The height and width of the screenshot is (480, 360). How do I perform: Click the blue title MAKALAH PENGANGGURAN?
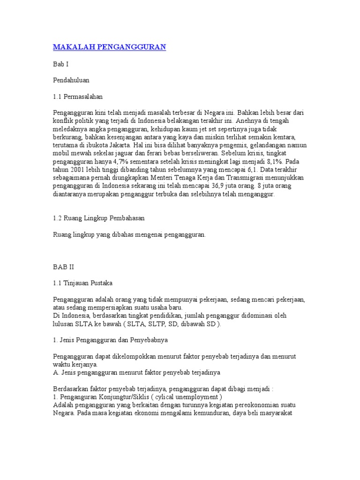(x=110, y=47)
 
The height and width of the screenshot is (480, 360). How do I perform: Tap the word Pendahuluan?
(x=71, y=80)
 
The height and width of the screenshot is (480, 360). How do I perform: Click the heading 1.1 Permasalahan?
(x=78, y=97)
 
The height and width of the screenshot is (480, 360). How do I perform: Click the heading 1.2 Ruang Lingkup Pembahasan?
(x=99, y=218)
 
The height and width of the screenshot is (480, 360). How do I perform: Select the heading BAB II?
(x=63, y=267)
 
